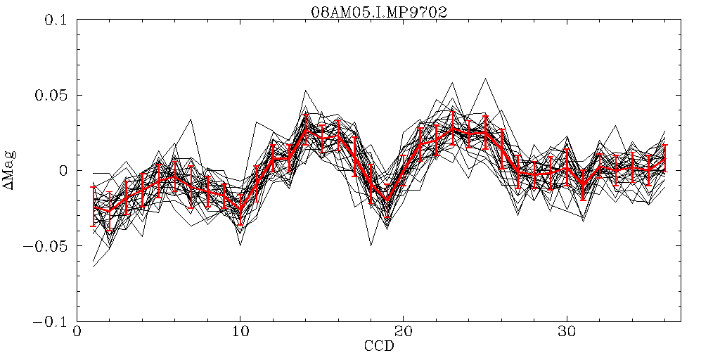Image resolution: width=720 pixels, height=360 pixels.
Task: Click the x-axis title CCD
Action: (x=378, y=347)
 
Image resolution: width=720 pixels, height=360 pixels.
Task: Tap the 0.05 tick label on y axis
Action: (x=46, y=95)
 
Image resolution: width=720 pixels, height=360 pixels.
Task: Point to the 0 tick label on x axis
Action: (x=77, y=331)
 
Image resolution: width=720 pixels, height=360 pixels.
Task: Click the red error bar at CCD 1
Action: (x=94, y=207)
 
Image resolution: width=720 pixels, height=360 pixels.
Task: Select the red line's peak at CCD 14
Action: (x=306, y=131)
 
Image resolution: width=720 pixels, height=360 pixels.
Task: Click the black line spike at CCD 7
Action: (x=191, y=120)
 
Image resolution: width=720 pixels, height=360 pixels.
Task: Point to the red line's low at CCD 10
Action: (x=240, y=210)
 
